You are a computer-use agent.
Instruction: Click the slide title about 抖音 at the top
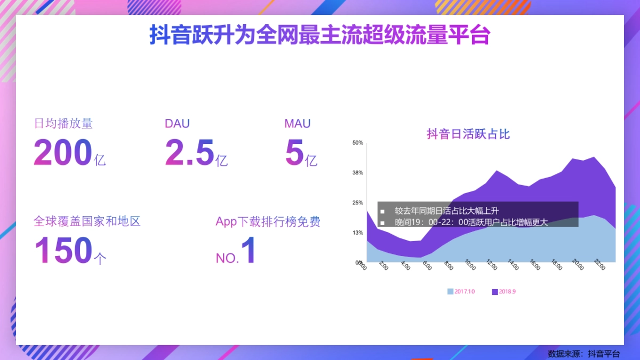point(319,36)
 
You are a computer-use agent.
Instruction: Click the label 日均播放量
point(63,124)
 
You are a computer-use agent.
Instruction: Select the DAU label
point(177,124)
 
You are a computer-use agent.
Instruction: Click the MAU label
point(297,124)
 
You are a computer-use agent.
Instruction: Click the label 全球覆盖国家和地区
point(87,221)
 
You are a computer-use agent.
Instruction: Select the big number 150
point(63,251)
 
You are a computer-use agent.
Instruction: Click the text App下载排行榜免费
point(268,222)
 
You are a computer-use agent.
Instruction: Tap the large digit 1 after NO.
point(249,251)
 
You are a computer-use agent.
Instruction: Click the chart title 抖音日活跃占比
point(468,134)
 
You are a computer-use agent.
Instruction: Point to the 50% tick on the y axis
point(357,143)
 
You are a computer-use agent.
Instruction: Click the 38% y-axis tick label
point(357,173)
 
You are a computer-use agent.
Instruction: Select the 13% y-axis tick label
point(357,233)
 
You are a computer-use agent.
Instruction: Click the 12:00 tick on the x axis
point(491,265)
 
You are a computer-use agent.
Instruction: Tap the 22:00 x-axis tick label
point(599,265)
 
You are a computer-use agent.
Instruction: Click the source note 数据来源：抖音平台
point(583,354)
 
